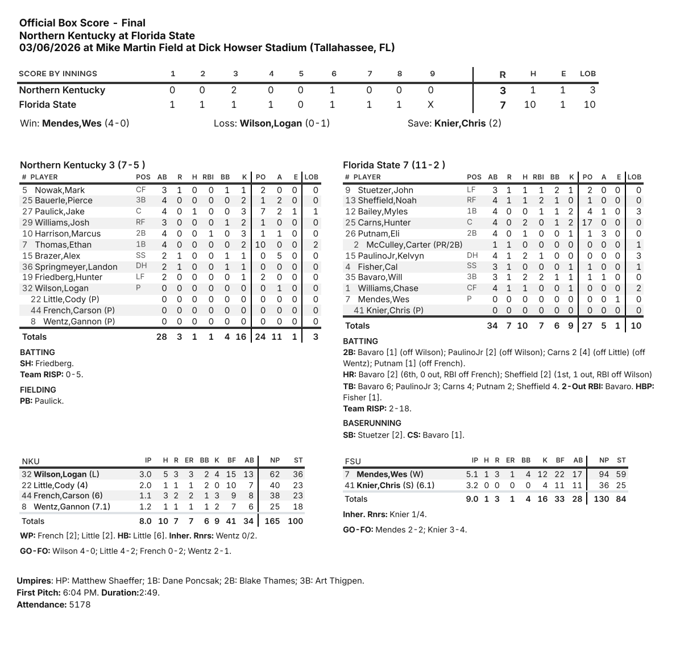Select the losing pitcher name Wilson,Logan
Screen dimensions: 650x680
tap(271, 123)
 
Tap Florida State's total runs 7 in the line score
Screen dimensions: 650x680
tap(503, 105)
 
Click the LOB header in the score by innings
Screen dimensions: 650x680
tap(588, 74)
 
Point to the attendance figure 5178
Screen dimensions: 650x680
tap(80, 605)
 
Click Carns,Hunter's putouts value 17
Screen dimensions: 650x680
tap(587, 223)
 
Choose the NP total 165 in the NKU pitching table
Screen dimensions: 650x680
tap(272, 521)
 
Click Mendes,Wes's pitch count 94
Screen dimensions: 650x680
tap(604, 474)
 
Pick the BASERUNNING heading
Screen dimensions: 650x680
tap(372, 423)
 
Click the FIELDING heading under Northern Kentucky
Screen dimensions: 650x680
tap(38, 390)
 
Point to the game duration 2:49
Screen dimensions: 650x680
tap(150, 593)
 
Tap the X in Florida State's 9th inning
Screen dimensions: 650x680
tap(430, 105)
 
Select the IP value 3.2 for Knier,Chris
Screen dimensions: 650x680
tap(474, 485)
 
